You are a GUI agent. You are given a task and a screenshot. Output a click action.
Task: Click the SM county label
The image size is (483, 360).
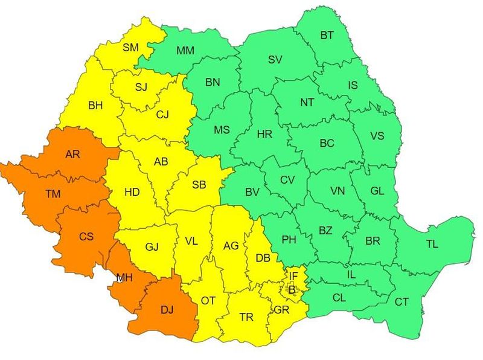(x=130, y=47)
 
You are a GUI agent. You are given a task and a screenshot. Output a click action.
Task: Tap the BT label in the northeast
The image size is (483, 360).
(x=327, y=36)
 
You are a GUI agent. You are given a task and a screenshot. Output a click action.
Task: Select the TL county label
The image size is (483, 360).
(x=432, y=245)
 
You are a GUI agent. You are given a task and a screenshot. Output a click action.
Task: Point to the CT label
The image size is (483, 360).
(x=401, y=301)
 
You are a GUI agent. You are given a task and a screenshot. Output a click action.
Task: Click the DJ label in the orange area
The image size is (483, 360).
(x=167, y=310)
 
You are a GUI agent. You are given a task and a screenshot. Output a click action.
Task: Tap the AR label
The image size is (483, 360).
(x=72, y=155)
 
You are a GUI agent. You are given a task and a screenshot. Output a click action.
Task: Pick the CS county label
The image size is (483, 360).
(x=86, y=237)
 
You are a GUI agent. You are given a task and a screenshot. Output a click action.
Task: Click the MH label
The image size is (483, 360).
(x=124, y=278)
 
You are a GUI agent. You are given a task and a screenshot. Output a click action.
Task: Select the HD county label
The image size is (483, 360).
(x=132, y=192)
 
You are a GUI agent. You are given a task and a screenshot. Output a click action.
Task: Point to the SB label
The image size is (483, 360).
(x=199, y=185)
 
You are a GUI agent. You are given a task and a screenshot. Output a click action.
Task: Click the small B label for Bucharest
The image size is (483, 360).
(x=292, y=290)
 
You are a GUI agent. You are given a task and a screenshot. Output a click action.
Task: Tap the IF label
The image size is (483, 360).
(x=293, y=277)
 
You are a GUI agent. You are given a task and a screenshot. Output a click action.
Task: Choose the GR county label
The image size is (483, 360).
(x=281, y=310)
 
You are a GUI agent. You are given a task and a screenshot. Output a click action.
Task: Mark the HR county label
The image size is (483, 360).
(x=264, y=134)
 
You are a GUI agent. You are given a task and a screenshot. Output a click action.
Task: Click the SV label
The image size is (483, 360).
(x=275, y=59)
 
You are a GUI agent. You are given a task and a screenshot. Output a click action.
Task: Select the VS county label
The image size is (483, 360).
(x=377, y=136)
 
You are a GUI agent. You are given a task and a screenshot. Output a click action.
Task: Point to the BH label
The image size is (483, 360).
(x=95, y=106)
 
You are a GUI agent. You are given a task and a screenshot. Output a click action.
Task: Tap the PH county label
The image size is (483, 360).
(x=289, y=240)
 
